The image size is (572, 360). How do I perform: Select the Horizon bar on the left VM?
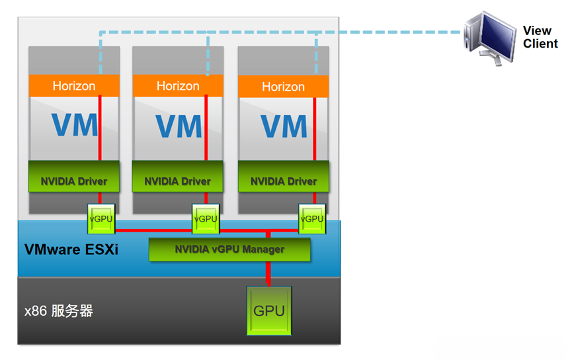click(x=74, y=85)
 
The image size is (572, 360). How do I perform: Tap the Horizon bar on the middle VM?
click(x=178, y=85)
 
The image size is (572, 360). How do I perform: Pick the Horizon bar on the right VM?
click(x=283, y=86)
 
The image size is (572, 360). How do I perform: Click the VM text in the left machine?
click(x=74, y=125)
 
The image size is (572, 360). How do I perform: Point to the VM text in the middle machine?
click(x=178, y=125)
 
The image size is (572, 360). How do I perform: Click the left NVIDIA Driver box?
click(x=74, y=180)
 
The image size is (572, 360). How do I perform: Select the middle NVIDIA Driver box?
click(x=178, y=181)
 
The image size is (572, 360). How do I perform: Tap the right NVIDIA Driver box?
click(x=283, y=181)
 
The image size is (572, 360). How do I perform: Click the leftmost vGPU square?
click(x=101, y=219)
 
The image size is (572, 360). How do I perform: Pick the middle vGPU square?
click(x=205, y=219)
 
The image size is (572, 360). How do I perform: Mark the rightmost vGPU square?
click(x=311, y=219)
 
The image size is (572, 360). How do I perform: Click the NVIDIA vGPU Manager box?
click(x=229, y=249)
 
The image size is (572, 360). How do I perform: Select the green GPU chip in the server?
click(x=269, y=310)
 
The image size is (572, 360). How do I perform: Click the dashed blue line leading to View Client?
click(x=397, y=30)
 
